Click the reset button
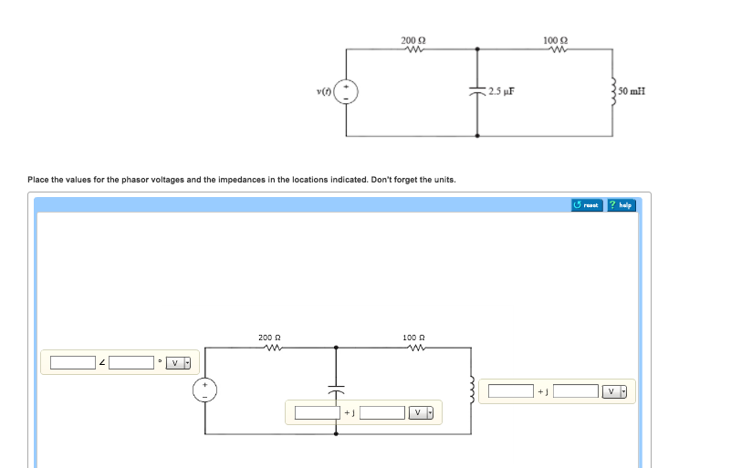click(x=587, y=205)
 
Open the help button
click(x=621, y=205)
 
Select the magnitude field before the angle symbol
click(x=73, y=363)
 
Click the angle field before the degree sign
click(x=132, y=363)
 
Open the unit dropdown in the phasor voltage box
click(x=179, y=363)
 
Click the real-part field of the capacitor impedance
click(x=317, y=412)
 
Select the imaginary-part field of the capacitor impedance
click(x=381, y=412)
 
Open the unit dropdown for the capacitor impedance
click(x=422, y=412)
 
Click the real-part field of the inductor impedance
click(x=511, y=391)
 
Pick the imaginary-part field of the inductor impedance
click(x=576, y=391)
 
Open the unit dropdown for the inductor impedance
click(x=616, y=391)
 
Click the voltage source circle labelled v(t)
click(x=347, y=91)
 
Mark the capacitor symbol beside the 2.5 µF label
click(x=477, y=92)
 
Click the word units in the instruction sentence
click(x=444, y=180)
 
